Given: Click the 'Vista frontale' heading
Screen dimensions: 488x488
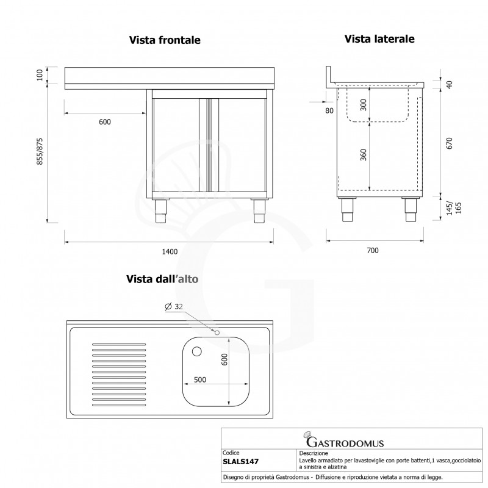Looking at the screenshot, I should (x=165, y=40).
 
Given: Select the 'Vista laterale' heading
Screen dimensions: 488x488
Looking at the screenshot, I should (x=379, y=39).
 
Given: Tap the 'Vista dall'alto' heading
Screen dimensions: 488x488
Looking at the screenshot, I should (x=162, y=279).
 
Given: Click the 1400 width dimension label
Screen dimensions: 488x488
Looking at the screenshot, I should (x=170, y=251).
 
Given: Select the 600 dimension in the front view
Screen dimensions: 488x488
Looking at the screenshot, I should (x=104, y=122).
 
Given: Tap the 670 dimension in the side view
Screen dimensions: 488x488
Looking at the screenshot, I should (x=450, y=143).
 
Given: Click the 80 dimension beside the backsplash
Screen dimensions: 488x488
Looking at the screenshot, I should (x=330, y=110).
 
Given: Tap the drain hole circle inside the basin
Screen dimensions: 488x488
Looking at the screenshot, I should (x=196, y=351).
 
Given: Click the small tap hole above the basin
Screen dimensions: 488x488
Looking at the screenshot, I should (x=217, y=332).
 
